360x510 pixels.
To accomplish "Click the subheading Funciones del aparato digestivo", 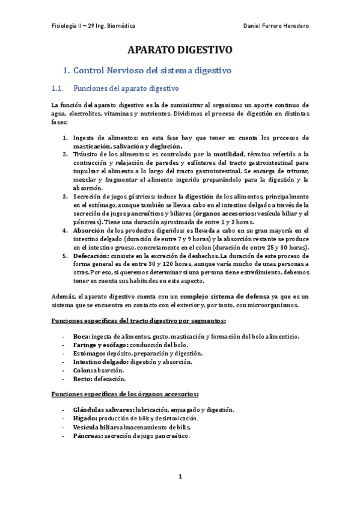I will pos(126,89).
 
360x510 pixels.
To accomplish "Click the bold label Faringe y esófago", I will pos(98,345).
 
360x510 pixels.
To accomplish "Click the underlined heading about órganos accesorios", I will pos(125,394).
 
